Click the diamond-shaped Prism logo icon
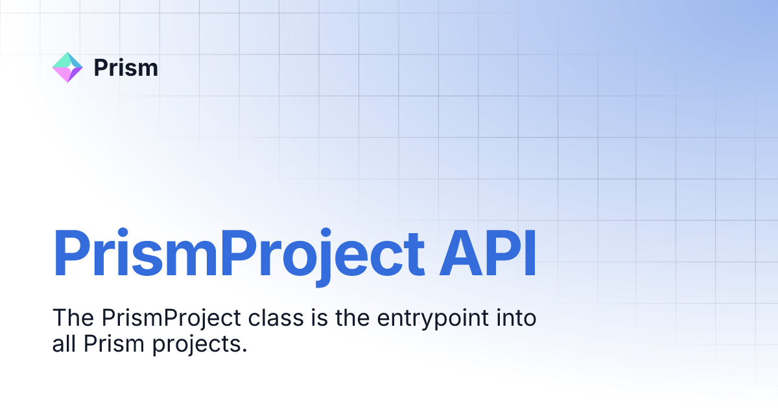pyautogui.click(x=67, y=67)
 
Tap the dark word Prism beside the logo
pyautogui.click(x=126, y=67)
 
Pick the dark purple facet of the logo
pyautogui.click(x=75, y=73)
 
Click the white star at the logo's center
pyautogui.click(x=67, y=67)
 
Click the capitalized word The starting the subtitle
pyautogui.click(x=73, y=319)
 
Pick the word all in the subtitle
pyautogui.click(x=65, y=344)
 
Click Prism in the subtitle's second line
pyautogui.click(x=108, y=344)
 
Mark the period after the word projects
pyautogui.click(x=245, y=350)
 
